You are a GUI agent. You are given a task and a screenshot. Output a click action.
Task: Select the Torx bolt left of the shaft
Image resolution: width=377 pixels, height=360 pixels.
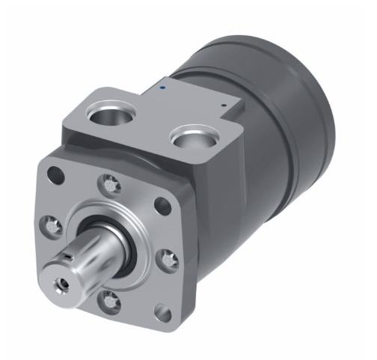pos(51,222)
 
